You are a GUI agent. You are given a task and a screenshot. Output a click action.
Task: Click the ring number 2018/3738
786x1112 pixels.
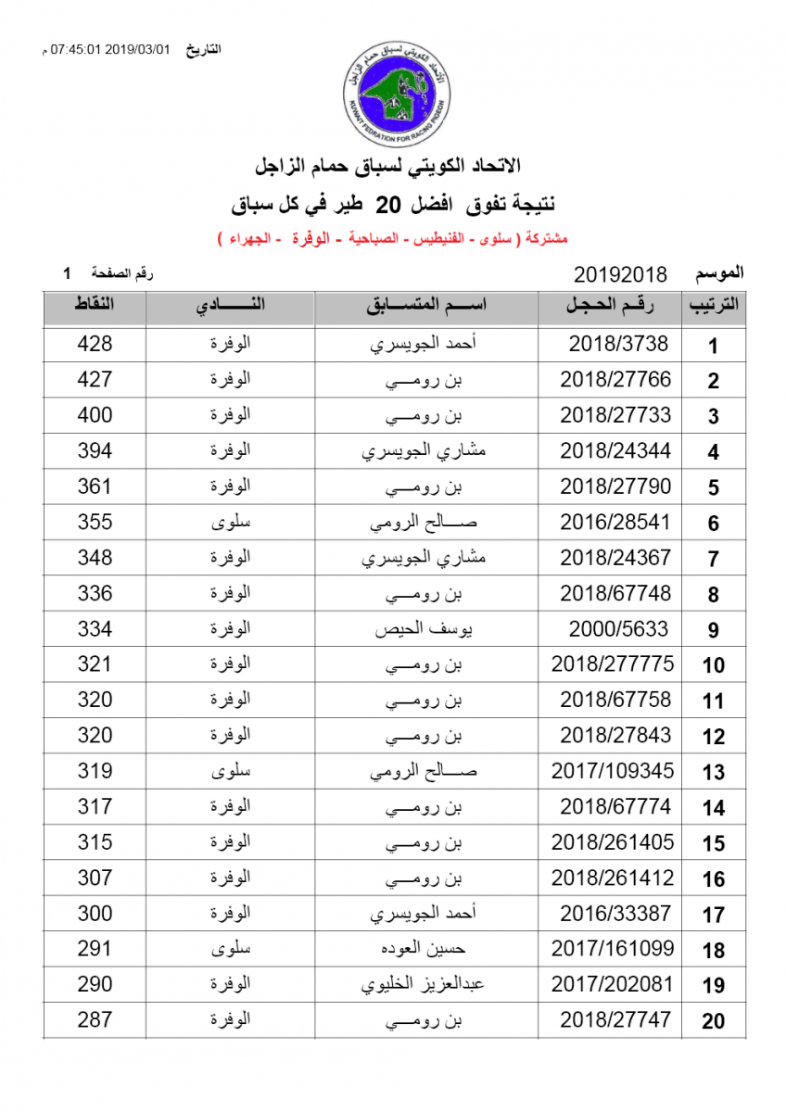(618, 344)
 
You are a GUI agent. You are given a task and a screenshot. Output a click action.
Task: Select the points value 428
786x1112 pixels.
(95, 344)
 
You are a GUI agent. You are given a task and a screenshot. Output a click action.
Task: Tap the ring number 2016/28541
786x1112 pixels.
(615, 522)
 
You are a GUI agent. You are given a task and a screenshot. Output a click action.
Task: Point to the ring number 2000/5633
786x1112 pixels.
(618, 629)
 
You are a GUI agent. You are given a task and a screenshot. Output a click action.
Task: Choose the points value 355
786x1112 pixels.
(95, 522)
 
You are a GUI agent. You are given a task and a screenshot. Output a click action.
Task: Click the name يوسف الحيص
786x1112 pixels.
(426, 629)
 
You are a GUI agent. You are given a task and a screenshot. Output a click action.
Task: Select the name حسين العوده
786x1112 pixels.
(426, 949)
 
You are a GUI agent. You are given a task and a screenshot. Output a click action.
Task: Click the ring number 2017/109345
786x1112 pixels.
(613, 771)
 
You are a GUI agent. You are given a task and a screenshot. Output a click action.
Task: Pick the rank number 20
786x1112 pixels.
(713, 1022)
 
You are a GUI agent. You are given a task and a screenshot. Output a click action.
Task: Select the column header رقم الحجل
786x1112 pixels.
(612, 307)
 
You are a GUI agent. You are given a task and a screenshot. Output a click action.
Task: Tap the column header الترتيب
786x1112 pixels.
(713, 307)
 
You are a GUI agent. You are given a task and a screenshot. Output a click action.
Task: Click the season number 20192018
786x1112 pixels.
(621, 274)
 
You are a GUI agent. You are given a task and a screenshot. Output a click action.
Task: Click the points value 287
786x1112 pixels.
(95, 1020)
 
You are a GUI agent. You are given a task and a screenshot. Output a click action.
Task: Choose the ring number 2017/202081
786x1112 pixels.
(613, 984)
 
